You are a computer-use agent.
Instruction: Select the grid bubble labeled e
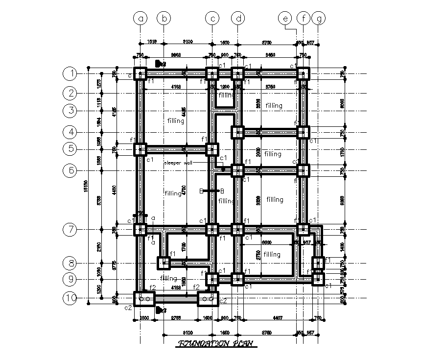pos(284,19)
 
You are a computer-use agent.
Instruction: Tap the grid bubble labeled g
pos(320,19)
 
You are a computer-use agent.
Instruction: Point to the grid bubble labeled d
pos(238,19)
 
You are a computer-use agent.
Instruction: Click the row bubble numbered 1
pos(71,74)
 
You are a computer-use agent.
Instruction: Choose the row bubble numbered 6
pos(71,170)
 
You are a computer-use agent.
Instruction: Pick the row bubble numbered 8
pos(71,263)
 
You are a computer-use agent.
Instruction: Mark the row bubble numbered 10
pos(71,298)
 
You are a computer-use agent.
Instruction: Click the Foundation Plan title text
pos(215,344)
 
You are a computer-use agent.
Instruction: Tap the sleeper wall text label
pos(178,163)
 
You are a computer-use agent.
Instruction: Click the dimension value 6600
pos(266,242)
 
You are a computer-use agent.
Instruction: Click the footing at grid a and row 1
pos(141,74)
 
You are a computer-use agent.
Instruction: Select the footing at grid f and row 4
pos(303,132)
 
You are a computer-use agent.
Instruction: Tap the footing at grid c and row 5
pos(212,149)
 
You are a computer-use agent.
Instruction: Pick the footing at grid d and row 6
pos(237,170)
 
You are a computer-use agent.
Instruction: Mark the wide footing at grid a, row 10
pos(144,298)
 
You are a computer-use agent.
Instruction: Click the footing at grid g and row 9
pos(318,279)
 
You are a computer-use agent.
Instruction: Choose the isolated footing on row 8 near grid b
pos(164,263)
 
